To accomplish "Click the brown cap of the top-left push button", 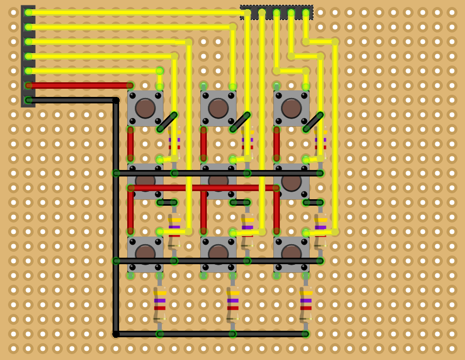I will pyautogui.click(x=145, y=108).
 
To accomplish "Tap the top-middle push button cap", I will pyautogui.click(x=218, y=108).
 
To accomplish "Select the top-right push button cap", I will pyautogui.click(x=291, y=108).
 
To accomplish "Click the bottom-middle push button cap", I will pyautogui.click(x=218, y=253).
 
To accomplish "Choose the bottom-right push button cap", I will pyautogui.click(x=291, y=253).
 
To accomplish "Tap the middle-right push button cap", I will pyautogui.click(x=291, y=181).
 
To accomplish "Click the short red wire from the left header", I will pyautogui.click(x=79, y=86).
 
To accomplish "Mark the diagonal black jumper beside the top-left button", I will pyautogui.click(x=167, y=122).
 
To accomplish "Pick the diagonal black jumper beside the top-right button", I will pyautogui.click(x=313, y=122).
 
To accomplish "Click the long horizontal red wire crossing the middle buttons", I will pyautogui.click(x=203, y=188).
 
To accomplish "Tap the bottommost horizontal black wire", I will pyautogui.click(x=211, y=334).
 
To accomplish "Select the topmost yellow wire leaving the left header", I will pyautogui.click(x=135, y=12).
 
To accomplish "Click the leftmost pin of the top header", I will pyautogui.click(x=247, y=12).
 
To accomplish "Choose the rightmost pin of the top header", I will pyautogui.click(x=306, y=12).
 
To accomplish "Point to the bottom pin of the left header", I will pyautogui.click(x=28, y=100).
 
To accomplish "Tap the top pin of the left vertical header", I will pyautogui.click(x=28, y=12).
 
